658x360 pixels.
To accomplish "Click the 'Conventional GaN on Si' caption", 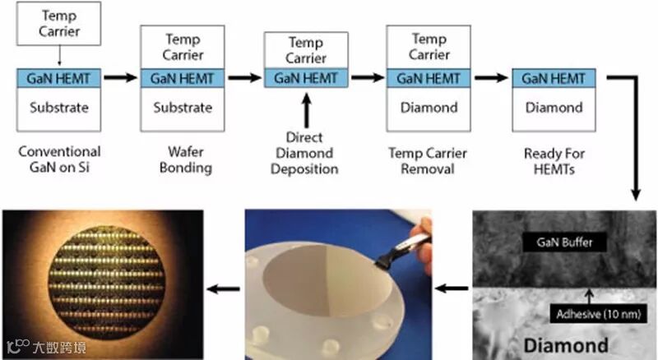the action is [x=58, y=160].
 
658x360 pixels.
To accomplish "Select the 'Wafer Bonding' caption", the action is [x=183, y=160].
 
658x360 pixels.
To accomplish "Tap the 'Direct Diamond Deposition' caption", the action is [x=305, y=154].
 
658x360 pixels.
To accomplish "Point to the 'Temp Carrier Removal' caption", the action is [x=429, y=160].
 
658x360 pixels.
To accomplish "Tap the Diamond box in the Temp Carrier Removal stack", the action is [x=429, y=108].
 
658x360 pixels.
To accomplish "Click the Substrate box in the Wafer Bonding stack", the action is [x=183, y=108].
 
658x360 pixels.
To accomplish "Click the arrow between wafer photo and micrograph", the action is [x=452, y=288].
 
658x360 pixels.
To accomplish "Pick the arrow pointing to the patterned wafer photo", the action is [x=223, y=288].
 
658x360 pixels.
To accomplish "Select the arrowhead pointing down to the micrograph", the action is [x=634, y=196].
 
